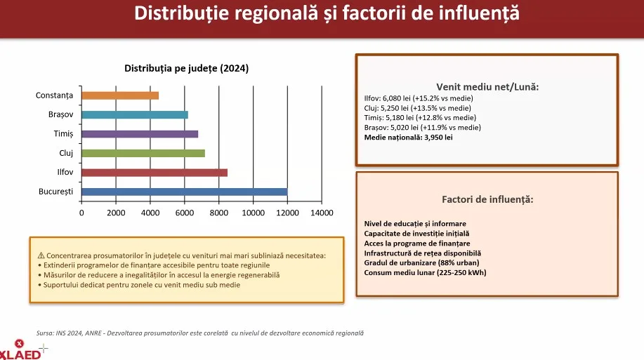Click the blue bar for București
pyautogui.click(x=184, y=192)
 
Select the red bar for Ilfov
pyautogui.click(x=155, y=172)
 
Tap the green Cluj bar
pyautogui.click(x=143, y=153)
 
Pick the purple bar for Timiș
pyautogui.click(x=140, y=133)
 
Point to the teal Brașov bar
pyautogui.click(x=135, y=114)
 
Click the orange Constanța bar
pyautogui.click(x=120, y=95)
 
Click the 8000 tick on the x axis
pyautogui.click(x=218, y=213)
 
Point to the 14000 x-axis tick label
pyautogui.click(x=321, y=213)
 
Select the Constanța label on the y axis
pyautogui.click(x=54, y=95)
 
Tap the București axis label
pyautogui.click(x=55, y=192)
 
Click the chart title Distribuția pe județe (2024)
pyautogui.click(x=186, y=68)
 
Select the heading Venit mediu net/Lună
pyautogui.click(x=487, y=87)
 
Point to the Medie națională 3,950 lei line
pyautogui.click(x=408, y=138)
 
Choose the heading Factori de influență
pyautogui.click(x=487, y=199)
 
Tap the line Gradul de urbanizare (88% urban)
pyautogui.click(x=421, y=262)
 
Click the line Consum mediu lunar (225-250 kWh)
pyautogui.click(x=424, y=272)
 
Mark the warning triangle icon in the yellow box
pyautogui.click(x=41, y=256)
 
